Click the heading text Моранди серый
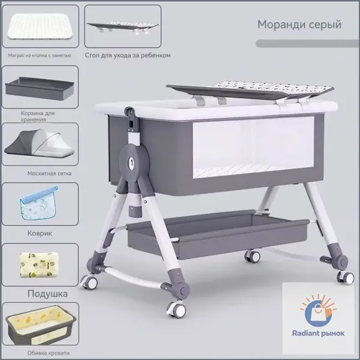[x=299, y=25]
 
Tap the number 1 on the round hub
[x=131, y=163]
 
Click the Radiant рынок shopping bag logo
[x=318, y=311]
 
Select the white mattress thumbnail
[x=40, y=26]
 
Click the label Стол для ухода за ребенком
[x=128, y=55]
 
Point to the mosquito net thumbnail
[x=40, y=143]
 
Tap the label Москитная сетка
[x=49, y=173]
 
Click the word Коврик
[x=40, y=233]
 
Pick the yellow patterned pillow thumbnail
[x=39, y=265]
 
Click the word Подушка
[x=47, y=294]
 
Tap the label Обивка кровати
[x=48, y=353]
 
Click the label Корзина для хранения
[x=38, y=116]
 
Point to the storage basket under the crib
[x=218, y=234]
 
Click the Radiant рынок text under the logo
[x=318, y=333]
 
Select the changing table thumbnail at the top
[x=123, y=27]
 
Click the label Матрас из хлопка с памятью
[x=40, y=55]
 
